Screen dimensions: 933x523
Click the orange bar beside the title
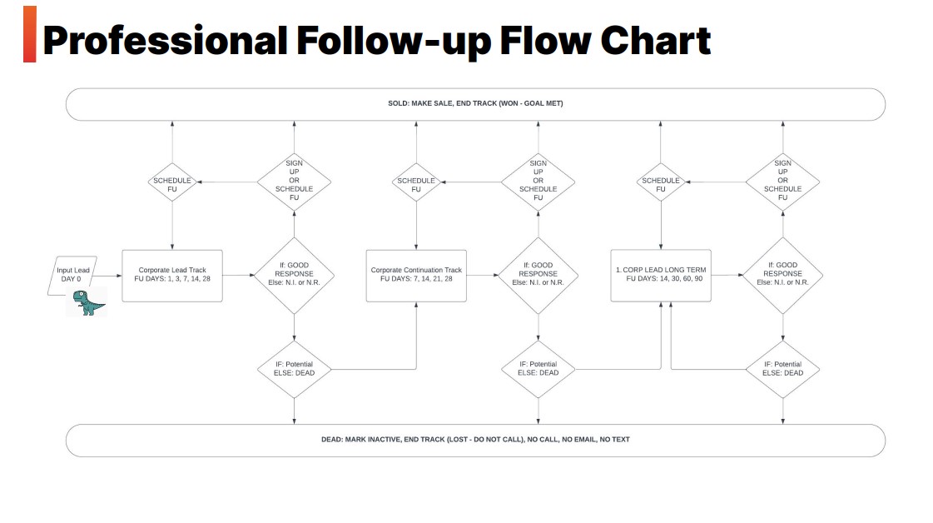tap(30, 34)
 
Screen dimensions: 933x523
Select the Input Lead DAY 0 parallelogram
tap(72, 275)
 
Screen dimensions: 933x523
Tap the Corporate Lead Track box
tap(172, 276)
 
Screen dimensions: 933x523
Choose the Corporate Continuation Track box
tap(416, 276)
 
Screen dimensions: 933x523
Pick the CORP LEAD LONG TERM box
tap(661, 275)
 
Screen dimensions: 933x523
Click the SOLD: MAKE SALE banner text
tap(475, 103)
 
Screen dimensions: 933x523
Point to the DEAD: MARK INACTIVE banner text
tap(475, 440)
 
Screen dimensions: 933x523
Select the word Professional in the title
tap(166, 41)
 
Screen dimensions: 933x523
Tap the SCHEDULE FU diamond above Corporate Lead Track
tap(172, 182)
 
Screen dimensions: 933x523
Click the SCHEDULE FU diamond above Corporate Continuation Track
tap(416, 182)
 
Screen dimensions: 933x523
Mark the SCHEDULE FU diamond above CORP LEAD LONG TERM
tap(661, 182)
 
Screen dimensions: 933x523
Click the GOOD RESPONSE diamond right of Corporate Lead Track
tap(294, 275)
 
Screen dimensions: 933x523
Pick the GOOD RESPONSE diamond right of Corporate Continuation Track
tap(538, 275)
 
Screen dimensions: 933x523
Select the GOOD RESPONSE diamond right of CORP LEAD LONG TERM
tap(782, 275)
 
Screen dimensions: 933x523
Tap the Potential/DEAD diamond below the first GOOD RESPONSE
tap(294, 369)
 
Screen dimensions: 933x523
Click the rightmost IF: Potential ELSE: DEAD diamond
tap(782, 369)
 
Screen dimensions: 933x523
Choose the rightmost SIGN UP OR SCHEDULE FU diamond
tap(782, 182)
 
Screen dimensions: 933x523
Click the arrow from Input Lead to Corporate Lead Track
tap(107, 276)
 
